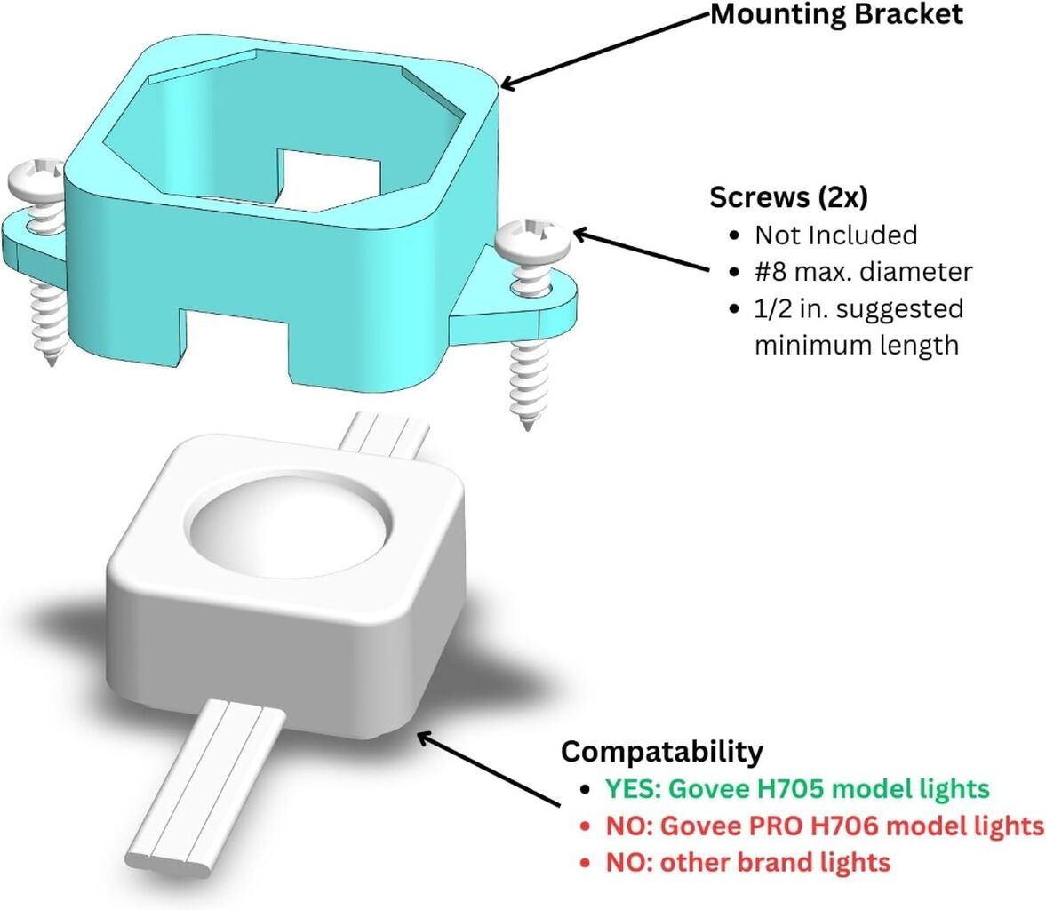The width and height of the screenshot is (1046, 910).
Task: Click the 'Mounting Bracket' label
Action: click(836, 15)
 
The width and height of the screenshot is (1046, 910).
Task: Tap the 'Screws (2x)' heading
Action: click(788, 197)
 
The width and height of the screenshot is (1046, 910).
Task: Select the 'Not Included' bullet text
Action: click(836, 235)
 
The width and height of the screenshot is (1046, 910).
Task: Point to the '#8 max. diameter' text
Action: click(863, 272)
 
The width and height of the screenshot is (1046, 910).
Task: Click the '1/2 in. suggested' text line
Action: click(859, 309)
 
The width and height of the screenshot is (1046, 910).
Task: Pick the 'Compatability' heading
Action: click(662, 751)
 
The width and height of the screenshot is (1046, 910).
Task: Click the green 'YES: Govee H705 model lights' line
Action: click(797, 788)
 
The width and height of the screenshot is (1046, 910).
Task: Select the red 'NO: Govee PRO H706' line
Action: click(825, 826)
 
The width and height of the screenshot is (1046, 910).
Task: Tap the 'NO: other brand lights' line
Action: click(747, 862)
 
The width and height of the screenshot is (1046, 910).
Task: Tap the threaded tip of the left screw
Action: click(50, 355)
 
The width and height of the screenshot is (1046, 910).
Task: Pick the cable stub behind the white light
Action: click(384, 435)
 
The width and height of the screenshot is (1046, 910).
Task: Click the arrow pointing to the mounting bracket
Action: click(604, 51)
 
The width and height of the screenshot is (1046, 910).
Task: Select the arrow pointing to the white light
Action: click(488, 769)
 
